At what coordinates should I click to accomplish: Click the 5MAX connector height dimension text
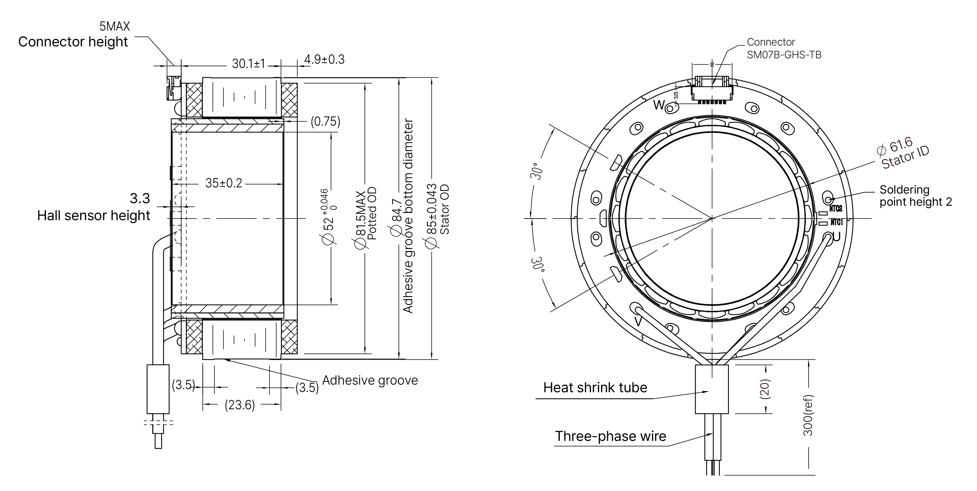point(115,26)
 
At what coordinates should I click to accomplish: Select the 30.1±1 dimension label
point(248,63)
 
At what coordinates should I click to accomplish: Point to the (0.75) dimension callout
point(325,121)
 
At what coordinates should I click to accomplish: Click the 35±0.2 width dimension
point(224,183)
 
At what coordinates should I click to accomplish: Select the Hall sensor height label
point(93,216)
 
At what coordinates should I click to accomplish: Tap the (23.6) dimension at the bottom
point(240,405)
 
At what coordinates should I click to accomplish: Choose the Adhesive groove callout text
point(370,380)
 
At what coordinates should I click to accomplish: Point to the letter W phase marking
point(659,105)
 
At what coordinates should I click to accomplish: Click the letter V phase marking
point(638,322)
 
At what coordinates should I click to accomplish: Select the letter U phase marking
point(836,237)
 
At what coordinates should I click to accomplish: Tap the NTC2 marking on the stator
point(836,208)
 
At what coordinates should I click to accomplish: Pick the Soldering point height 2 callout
point(915,196)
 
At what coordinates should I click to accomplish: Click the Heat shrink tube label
point(595,387)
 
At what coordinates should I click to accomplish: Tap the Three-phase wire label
point(610,436)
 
